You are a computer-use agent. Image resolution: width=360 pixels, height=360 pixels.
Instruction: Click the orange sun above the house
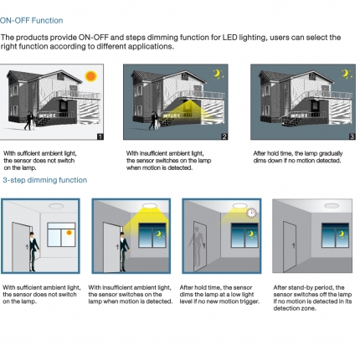pyautogui.click(x=91, y=76)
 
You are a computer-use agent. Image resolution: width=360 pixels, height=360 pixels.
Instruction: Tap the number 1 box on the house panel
pyautogui.click(x=100, y=136)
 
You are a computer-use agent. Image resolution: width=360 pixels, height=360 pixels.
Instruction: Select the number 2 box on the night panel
pyautogui.click(x=224, y=136)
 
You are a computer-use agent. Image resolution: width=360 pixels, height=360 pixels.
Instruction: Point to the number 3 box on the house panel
pyautogui.click(x=352, y=136)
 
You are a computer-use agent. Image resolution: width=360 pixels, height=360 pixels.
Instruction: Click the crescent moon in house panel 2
pyautogui.click(x=217, y=74)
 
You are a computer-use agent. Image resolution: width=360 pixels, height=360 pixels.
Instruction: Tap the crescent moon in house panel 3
pyautogui.click(x=346, y=73)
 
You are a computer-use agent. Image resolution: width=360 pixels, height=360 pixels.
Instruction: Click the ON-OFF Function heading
pyautogui.click(x=31, y=20)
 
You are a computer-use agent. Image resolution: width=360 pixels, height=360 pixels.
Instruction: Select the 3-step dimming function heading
pyautogui.click(x=45, y=180)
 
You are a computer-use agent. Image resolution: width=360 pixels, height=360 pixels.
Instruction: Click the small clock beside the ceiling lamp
pyautogui.click(x=251, y=213)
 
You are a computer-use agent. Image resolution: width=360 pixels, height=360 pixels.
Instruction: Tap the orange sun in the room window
pyautogui.click(x=69, y=233)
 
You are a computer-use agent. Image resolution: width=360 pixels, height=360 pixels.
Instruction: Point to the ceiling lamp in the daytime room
pyautogui.click(x=56, y=206)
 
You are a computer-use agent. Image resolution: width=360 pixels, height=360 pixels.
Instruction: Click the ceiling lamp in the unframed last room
pyautogui.click(x=332, y=206)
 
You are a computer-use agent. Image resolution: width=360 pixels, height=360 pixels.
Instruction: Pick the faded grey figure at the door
pyautogui.click(x=197, y=246)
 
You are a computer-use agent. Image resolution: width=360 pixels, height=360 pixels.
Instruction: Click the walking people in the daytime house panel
pyautogui.click(x=29, y=121)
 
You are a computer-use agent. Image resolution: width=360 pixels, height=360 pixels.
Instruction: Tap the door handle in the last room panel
pyautogui.click(x=293, y=245)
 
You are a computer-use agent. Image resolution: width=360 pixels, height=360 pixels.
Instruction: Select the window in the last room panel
pyautogui.click(x=335, y=235)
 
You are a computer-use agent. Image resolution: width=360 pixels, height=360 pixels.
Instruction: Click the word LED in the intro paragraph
pyautogui.click(x=229, y=38)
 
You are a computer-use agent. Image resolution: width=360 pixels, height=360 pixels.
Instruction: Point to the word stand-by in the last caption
pyautogui.click(x=299, y=287)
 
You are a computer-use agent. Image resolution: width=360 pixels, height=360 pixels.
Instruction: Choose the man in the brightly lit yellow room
pyautogui.click(x=124, y=251)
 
